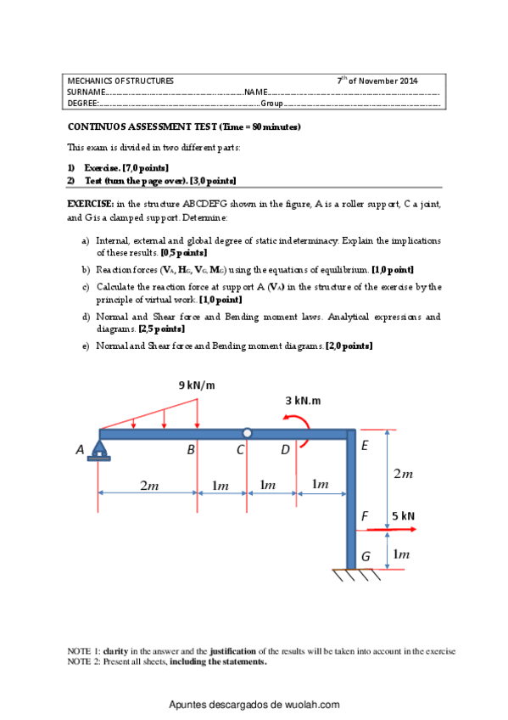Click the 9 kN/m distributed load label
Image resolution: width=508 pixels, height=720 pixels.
197,385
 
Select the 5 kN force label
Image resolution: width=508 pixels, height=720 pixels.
404,515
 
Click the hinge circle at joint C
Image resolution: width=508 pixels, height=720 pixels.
246,433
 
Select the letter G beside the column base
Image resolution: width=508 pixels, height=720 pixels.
366,556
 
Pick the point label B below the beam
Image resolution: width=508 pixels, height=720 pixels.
192,450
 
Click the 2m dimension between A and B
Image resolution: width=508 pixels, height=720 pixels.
148,485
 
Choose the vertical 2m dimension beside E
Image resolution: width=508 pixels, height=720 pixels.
403,475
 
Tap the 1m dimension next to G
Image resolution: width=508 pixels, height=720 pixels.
401,554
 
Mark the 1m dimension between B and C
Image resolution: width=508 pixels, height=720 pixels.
221,485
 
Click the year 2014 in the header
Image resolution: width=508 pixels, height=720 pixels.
407,80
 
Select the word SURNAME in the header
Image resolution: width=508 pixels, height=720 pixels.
86,91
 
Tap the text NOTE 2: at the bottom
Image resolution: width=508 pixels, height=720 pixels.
83,661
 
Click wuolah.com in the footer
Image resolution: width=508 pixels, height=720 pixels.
313,705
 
